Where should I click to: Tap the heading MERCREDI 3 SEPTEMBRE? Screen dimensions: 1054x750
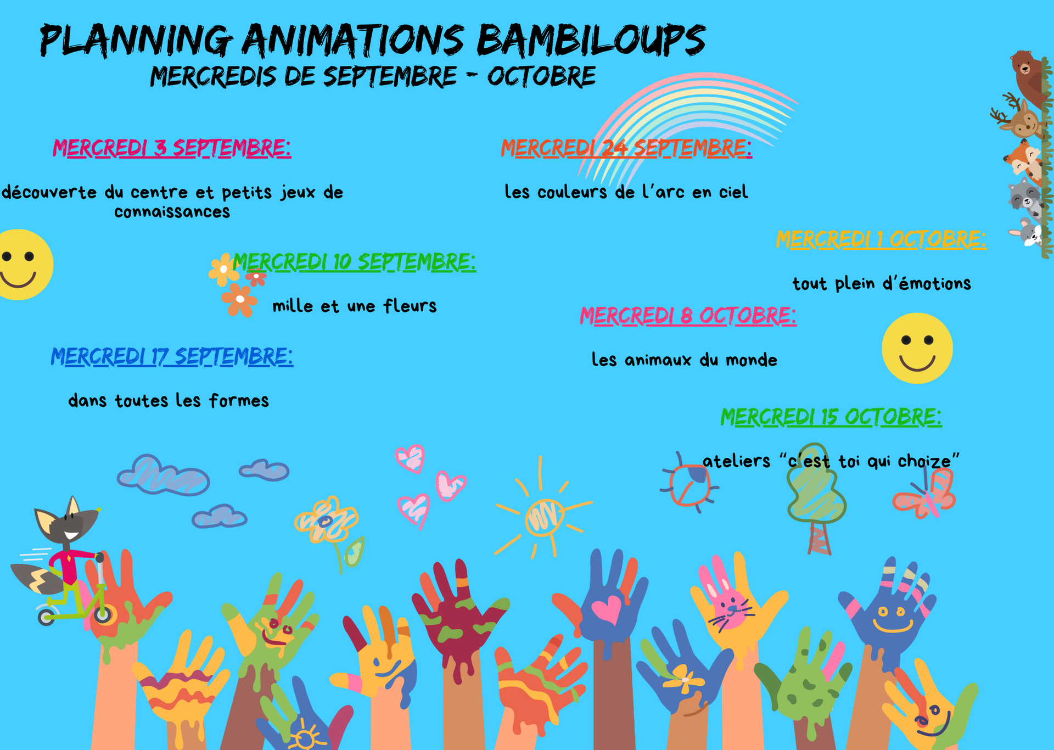172,148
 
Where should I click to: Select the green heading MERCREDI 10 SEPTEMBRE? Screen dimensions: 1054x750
354,262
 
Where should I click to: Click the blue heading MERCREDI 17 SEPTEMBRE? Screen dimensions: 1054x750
172,357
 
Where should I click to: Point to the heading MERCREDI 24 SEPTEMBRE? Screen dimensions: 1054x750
626,148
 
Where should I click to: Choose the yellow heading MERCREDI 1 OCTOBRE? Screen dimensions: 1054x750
881,239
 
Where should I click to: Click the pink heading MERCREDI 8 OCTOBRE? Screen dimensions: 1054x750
688,316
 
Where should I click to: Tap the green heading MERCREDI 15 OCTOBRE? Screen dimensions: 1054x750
831,417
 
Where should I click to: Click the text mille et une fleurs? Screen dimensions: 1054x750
355,306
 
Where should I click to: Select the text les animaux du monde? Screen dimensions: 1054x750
684,360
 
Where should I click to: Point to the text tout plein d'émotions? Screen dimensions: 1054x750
882,283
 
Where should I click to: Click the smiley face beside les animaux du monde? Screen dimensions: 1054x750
917,348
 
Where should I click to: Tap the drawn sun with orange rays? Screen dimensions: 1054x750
543,516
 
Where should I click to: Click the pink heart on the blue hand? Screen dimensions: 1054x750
607,609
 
